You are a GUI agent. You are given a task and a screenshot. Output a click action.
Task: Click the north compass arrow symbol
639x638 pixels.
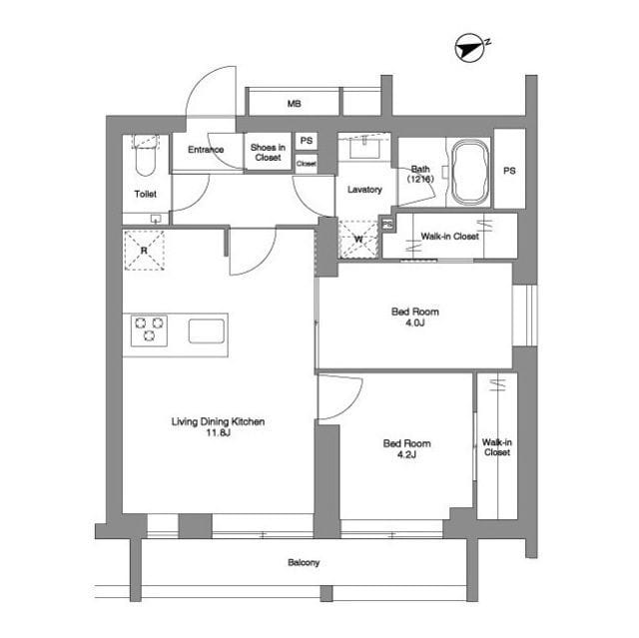click(468, 46)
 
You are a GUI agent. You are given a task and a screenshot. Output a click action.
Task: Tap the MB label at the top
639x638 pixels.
click(295, 105)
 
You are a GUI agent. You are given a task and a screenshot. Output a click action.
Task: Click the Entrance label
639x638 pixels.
click(206, 151)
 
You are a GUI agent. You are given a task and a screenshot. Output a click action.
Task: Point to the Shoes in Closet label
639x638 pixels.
click(268, 152)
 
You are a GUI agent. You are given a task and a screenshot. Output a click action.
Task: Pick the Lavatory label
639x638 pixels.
click(364, 190)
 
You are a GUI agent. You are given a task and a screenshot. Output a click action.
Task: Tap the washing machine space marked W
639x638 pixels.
click(359, 239)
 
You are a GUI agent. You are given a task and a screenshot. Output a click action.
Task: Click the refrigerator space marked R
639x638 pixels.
click(145, 251)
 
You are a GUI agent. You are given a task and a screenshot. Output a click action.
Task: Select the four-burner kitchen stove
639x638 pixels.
click(148, 329)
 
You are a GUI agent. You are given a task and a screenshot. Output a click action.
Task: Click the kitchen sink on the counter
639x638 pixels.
click(207, 330)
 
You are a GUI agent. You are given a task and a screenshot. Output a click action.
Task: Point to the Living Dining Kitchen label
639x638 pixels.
click(218, 422)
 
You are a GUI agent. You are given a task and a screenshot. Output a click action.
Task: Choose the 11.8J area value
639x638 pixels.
click(218, 434)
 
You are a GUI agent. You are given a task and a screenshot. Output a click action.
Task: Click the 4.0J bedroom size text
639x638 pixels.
click(414, 324)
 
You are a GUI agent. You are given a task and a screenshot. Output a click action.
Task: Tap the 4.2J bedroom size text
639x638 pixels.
click(406, 455)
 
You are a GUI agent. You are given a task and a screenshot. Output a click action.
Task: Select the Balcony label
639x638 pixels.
click(305, 563)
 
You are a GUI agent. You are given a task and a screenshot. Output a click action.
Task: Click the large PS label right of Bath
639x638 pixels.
click(509, 171)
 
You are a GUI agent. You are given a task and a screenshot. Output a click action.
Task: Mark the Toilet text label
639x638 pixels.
click(146, 194)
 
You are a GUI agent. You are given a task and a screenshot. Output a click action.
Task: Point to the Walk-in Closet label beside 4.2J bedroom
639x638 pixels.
click(496, 447)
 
